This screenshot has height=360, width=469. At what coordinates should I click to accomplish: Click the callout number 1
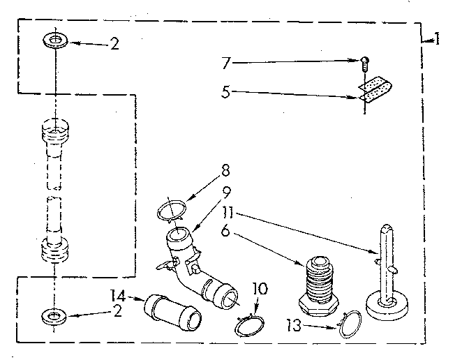[436, 40]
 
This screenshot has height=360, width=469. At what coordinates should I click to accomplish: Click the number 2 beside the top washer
[114, 44]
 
